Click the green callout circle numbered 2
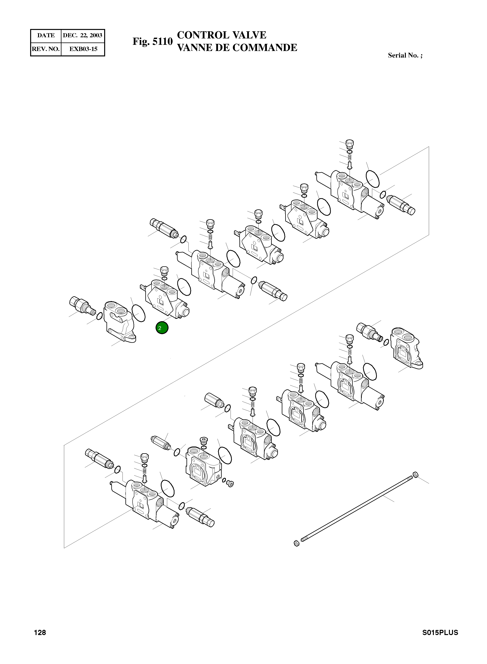click(x=162, y=328)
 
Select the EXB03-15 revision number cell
click(x=83, y=49)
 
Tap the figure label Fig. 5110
click(x=152, y=41)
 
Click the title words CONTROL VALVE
click(x=221, y=35)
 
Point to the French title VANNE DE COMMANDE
click(x=237, y=48)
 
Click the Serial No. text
click(x=405, y=55)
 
